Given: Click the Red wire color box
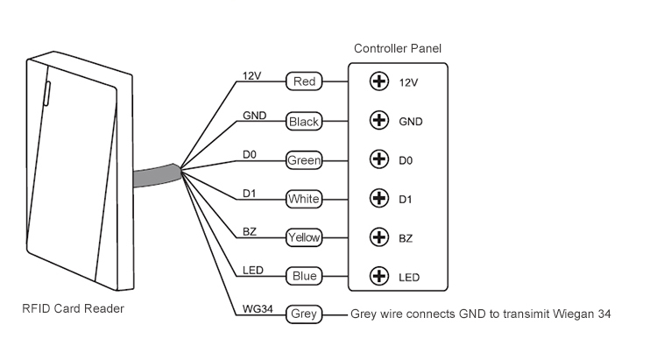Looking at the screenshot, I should (304, 82).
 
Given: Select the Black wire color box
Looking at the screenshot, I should (304, 122).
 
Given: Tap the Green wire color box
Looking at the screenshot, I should (304, 160).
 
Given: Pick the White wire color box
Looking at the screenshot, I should (304, 200).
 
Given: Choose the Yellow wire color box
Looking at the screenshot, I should (304, 237).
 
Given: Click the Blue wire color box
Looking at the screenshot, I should (304, 277).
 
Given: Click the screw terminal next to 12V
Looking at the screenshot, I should (379, 82).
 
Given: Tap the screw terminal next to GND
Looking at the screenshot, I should (379, 121).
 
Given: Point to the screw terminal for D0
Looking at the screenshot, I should (379, 160).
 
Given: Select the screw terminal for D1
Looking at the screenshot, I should (379, 199).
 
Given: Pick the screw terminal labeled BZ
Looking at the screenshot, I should (379, 237).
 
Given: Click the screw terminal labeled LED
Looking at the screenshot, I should (379, 277).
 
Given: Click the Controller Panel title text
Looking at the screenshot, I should (397, 48).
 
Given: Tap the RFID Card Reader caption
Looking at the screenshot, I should (74, 308).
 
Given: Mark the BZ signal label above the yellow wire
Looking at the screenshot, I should (249, 229).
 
